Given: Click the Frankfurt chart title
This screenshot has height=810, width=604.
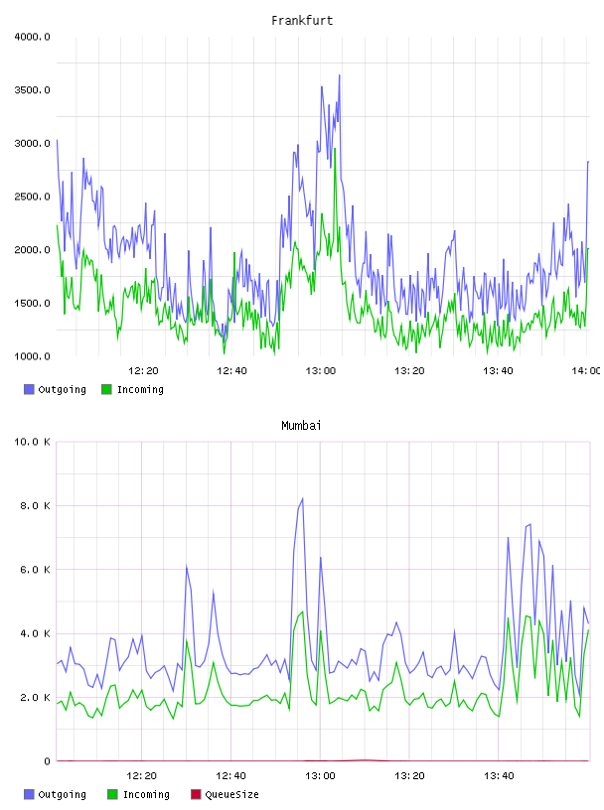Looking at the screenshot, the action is click(x=302, y=21).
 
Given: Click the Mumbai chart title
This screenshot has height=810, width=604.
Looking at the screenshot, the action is click(x=301, y=426).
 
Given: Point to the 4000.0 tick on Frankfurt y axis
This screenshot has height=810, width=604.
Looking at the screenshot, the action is click(x=32, y=37).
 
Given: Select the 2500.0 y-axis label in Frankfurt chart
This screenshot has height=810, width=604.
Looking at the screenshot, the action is click(x=32, y=197).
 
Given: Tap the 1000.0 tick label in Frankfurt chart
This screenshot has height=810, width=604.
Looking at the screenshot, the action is click(x=32, y=356).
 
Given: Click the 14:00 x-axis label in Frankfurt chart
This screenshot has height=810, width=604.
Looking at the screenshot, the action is click(x=585, y=371).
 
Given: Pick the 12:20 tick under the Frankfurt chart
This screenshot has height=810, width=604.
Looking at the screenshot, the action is click(x=143, y=371).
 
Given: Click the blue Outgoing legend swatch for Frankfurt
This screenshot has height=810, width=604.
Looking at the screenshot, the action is click(x=29, y=389).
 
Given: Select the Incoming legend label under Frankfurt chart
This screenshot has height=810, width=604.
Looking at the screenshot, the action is click(x=140, y=390).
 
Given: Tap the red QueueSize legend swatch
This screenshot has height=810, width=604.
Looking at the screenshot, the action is click(x=196, y=794).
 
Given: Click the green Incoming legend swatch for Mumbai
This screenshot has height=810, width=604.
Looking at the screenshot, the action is click(x=112, y=794).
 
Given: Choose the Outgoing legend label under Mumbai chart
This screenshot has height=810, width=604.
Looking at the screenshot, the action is click(x=62, y=795).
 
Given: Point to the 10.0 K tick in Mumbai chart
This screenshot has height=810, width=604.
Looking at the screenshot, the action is click(x=32, y=442).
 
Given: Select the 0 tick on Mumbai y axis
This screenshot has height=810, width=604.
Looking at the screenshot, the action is click(x=47, y=761).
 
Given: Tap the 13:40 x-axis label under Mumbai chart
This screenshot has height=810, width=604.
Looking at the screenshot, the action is click(x=499, y=776).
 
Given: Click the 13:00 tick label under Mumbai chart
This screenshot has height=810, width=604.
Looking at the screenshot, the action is click(x=320, y=776).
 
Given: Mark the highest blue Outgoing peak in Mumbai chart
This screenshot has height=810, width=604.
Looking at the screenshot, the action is click(x=303, y=498).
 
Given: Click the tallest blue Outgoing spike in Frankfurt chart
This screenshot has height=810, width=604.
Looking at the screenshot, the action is click(x=339, y=75).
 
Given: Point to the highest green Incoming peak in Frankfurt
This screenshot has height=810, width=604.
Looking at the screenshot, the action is click(x=335, y=149).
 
